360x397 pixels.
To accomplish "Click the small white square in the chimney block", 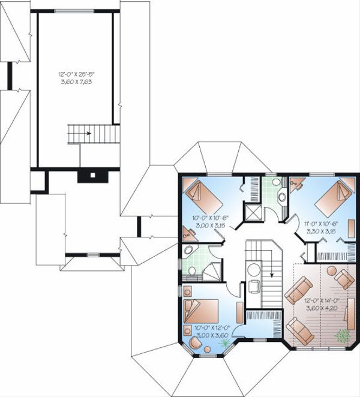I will pos(92,176).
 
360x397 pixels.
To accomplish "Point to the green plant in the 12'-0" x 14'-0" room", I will pos(343,336).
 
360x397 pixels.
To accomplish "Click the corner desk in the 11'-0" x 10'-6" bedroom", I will pos(296,185).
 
